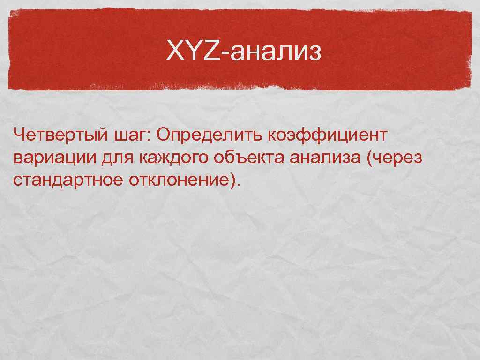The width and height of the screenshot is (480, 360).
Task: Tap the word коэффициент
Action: click(328, 135)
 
